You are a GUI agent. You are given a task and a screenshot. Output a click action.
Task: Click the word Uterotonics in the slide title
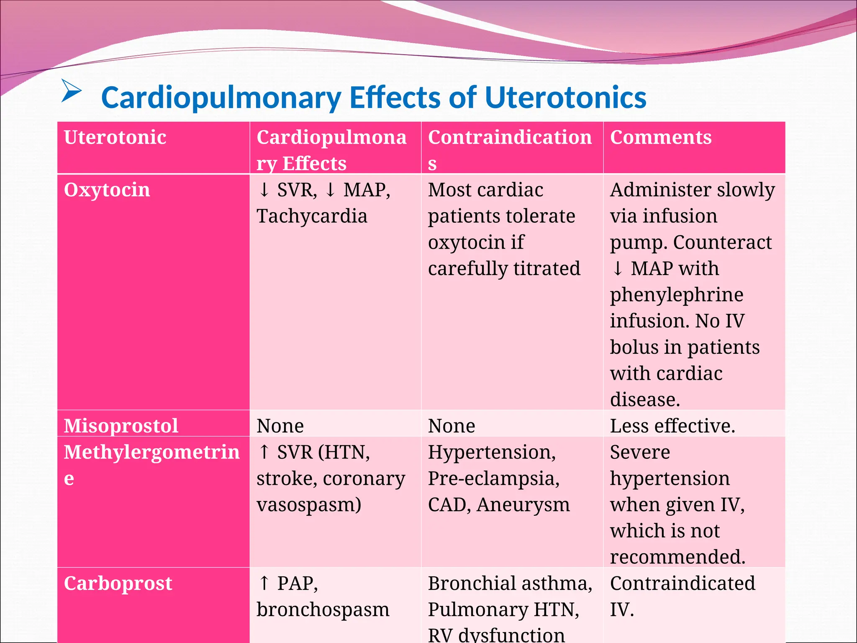[x=565, y=98]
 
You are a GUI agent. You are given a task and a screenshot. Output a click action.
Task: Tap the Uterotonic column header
[x=115, y=137]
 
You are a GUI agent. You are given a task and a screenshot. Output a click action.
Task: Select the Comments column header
[x=661, y=137]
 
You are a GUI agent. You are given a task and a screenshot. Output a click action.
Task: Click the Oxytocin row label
[x=107, y=190]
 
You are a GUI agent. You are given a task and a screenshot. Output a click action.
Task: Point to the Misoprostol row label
[x=121, y=426]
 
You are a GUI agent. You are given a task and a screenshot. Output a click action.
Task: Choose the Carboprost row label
[x=118, y=583]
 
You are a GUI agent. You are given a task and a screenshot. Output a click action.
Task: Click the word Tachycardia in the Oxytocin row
[x=312, y=216]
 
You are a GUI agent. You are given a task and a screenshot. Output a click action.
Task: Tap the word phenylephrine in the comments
[x=677, y=295]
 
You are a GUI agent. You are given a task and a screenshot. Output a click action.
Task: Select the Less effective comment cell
[x=672, y=426]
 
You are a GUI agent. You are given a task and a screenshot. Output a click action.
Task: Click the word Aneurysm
[x=523, y=504]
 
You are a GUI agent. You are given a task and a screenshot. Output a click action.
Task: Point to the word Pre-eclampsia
[x=494, y=478]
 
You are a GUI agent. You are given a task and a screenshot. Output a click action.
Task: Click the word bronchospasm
[x=323, y=610]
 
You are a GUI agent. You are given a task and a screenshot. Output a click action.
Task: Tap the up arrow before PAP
[x=264, y=583]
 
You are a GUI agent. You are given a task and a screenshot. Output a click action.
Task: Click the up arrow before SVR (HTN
[x=264, y=452]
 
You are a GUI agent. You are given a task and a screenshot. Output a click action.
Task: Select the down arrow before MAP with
[x=618, y=268]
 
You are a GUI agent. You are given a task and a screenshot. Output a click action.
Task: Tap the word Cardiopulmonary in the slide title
[x=221, y=98]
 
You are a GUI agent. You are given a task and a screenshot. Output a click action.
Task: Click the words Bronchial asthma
[x=510, y=583]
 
